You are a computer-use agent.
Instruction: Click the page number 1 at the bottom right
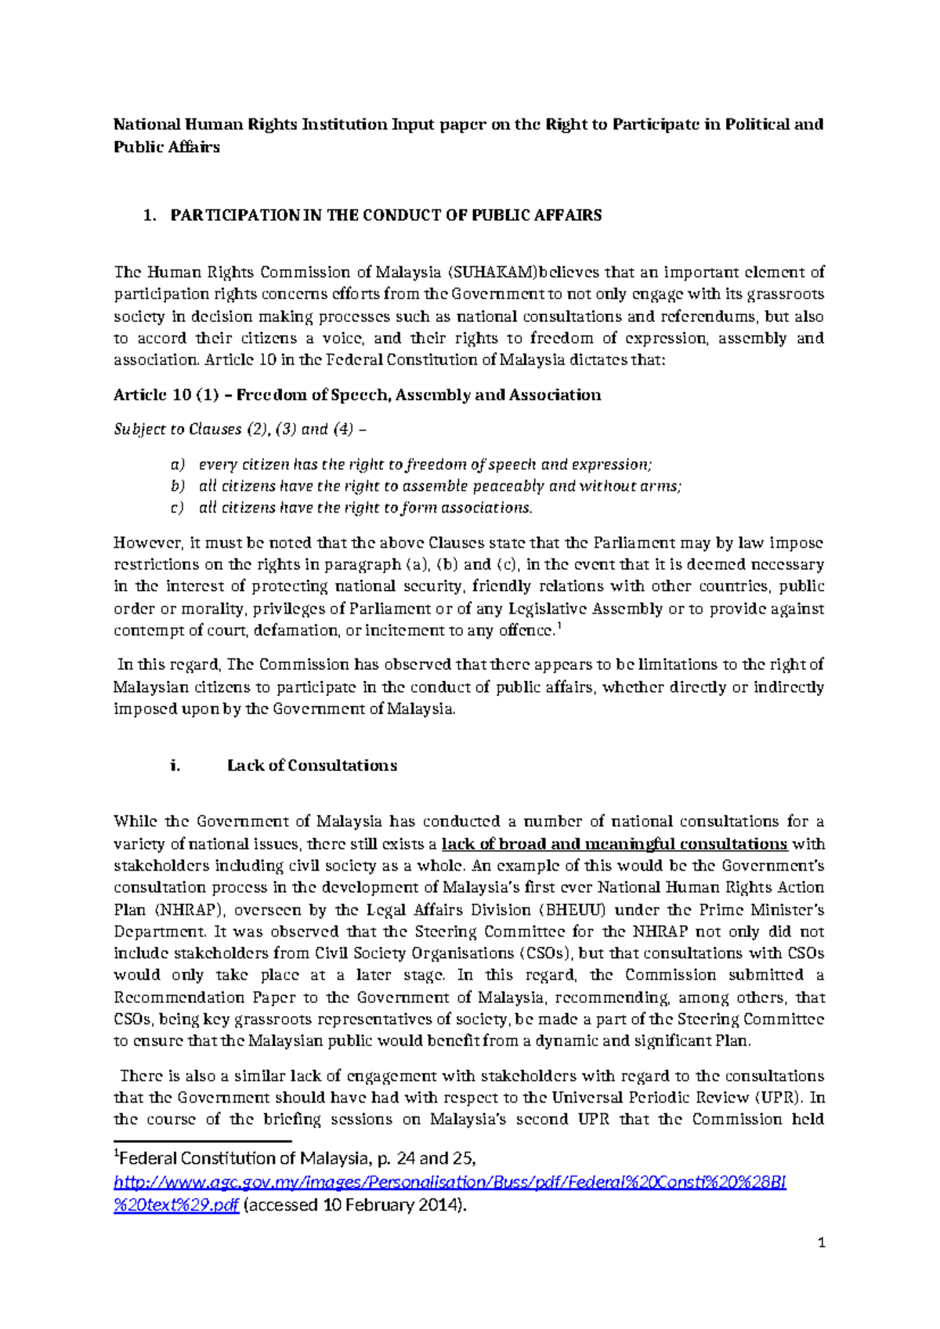(x=822, y=1242)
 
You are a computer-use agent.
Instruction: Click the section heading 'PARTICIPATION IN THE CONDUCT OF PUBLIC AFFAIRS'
(x=385, y=215)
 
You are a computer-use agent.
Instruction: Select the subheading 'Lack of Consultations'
(x=312, y=766)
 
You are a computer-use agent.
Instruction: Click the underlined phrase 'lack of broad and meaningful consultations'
(x=614, y=844)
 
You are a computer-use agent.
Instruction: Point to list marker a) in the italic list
(x=178, y=465)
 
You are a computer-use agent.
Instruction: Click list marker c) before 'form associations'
(x=177, y=508)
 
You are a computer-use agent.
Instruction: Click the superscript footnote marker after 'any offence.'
(x=557, y=625)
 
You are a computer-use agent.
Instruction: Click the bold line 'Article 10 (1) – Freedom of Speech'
(x=357, y=395)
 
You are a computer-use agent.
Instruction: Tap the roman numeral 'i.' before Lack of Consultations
(x=175, y=766)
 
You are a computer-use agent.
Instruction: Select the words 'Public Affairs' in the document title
(x=166, y=147)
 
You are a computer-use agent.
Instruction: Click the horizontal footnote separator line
(x=202, y=1142)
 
